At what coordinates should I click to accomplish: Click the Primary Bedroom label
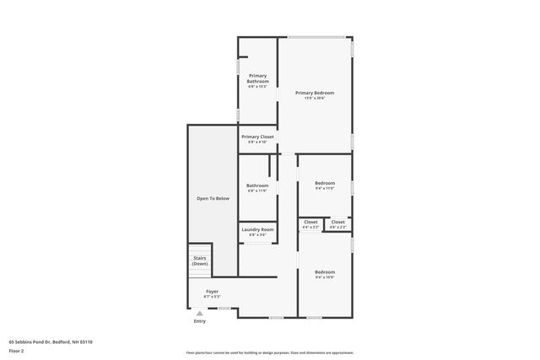click(x=314, y=92)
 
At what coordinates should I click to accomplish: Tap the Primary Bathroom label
click(x=257, y=78)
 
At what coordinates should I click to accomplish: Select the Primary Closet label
click(x=257, y=137)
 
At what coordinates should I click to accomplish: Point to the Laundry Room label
click(x=257, y=229)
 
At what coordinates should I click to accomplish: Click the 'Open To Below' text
click(x=213, y=198)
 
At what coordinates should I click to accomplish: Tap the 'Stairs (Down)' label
click(x=200, y=261)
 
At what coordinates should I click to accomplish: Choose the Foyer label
click(x=212, y=291)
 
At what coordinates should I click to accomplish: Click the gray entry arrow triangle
click(x=200, y=313)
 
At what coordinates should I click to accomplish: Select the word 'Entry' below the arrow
click(x=200, y=321)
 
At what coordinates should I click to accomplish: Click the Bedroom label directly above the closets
click(x=325, y=183)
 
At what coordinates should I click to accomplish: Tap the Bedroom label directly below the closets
click(x=325, y=271)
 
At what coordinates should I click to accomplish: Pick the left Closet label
click(x=310, y=222)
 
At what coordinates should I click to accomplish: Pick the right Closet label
click(x=337, y=222)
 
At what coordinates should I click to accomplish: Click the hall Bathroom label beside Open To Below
click(x=257, y=185)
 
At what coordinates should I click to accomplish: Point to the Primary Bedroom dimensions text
click(x=314, y=99)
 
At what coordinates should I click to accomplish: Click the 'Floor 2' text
click(x=16, y=350)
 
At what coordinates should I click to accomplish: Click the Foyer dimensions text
click(x=212, y=297)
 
